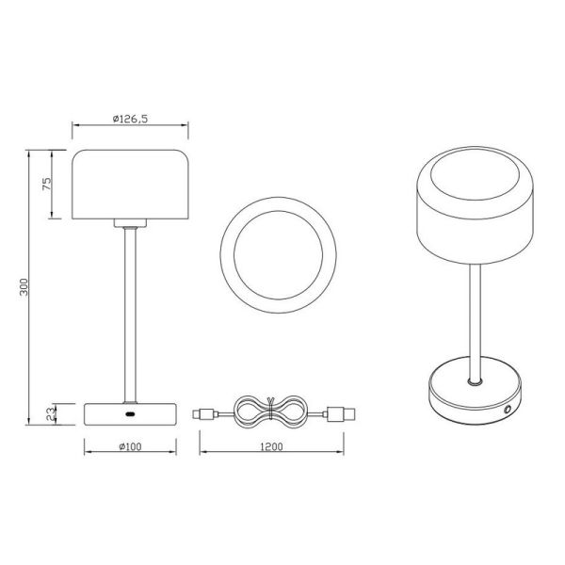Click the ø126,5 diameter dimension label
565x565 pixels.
[x=131, y=119]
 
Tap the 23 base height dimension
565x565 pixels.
[x=46, y=412]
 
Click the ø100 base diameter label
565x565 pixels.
[x=130, y=445]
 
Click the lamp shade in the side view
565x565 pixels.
[x=131, y=185]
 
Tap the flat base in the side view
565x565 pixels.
[x=131, y=413]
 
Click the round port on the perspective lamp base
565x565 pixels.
[x=509, y=410]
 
